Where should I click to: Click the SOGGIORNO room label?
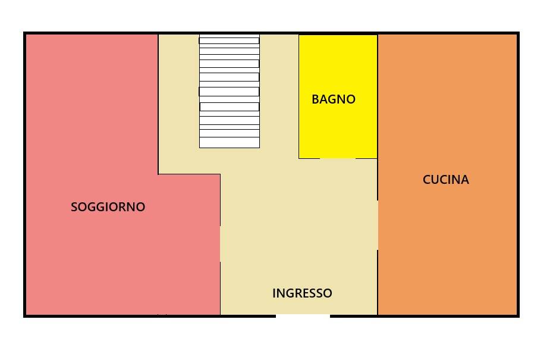click(x=108, y=207)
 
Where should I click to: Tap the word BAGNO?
click(x=333, y=99)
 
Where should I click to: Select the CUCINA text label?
click(x=445, y=180)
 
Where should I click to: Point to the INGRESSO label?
click(x=302, y=293)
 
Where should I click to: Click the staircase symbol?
click(x=229, y=91)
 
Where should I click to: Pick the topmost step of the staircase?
click(x=229, y=39)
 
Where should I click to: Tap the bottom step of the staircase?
click(x=229, y=143)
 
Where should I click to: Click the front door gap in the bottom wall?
click(x=303, y=316)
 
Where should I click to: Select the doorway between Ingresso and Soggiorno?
click(x=221, y=244)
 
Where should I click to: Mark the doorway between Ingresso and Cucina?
click(x=378, y=225)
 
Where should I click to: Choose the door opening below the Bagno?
click(x=337, y=158)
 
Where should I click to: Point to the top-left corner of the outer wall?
click(x=25, y=33)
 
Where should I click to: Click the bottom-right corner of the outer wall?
click(x=518, y=315)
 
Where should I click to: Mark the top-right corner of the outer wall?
click(x=518, y=33)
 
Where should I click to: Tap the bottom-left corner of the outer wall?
click(x=25, y=315)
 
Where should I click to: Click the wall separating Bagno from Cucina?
click(x=378, y=95)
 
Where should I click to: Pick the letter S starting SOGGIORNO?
click(x=74, y=207)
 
